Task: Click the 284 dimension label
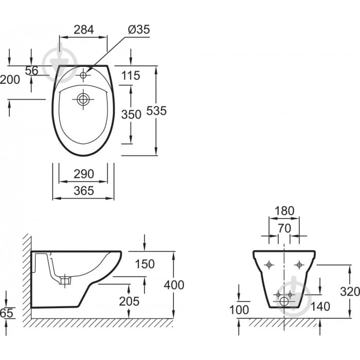83,29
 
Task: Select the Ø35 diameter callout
137,29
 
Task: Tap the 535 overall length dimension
156,111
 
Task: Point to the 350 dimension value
131,114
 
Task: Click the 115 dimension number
131,76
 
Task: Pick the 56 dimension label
32,71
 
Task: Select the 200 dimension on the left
10,80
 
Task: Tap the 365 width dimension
83,191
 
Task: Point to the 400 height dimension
174,284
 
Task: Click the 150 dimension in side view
145,264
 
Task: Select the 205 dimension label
129,301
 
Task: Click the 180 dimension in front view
284,211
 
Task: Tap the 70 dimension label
284,227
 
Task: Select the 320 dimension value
350,292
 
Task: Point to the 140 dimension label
320,307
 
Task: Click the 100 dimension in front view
239,310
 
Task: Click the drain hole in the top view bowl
83,99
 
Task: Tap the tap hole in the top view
83,75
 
